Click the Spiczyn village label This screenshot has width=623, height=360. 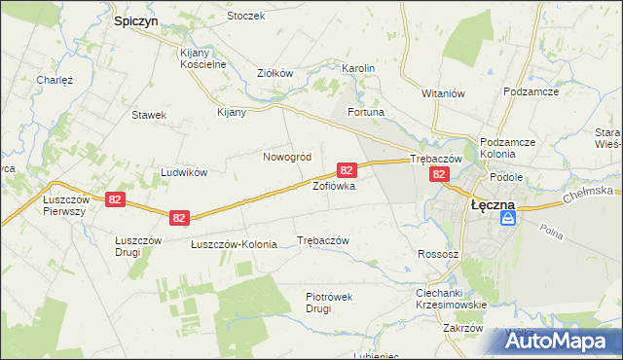(x=135, y=19)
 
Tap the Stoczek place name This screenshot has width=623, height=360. (x=245, y=17)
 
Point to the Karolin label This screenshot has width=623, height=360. (x=357, y=68)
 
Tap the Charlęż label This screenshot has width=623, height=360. (x=55, y=80)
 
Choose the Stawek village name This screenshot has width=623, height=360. (x=149, y=115)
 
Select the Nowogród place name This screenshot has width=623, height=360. (x=287, y=157)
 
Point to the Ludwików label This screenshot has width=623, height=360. (x=185, y=172)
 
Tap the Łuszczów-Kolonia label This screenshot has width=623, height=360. (x=234, y=244)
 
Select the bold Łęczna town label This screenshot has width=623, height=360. (x=493, y=205)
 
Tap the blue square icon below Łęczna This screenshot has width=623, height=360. (x=508, y=220)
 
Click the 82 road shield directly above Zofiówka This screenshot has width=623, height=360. (x=345, y=169)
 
